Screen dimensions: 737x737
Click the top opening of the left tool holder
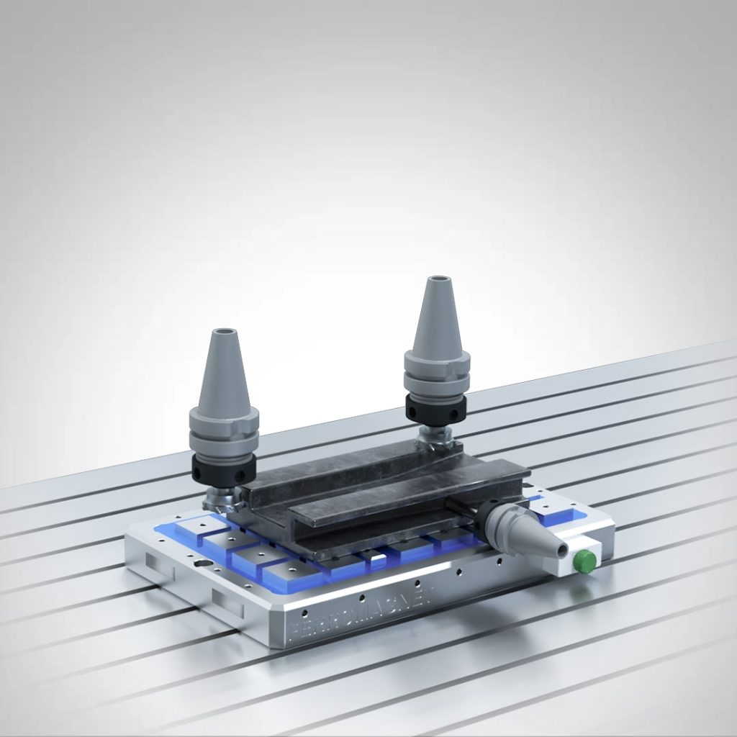click(224, 333)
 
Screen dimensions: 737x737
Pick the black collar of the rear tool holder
click(435, 409)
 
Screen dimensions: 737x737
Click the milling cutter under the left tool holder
click(220, 497)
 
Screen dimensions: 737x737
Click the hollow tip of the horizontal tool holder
click(555, 550)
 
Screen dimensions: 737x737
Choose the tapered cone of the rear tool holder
click(437, 317)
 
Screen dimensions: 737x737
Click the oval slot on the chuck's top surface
click(204, 563)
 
